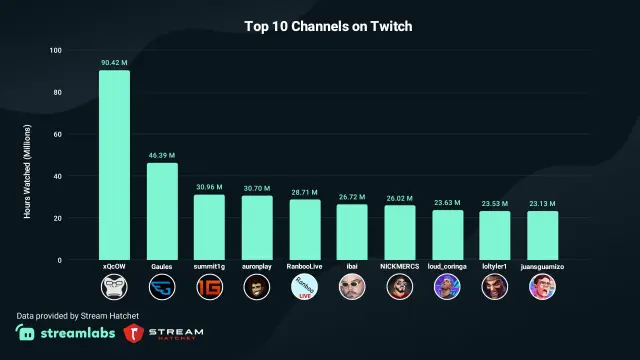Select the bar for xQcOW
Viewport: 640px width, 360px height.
114,165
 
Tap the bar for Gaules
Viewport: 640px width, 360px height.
162,211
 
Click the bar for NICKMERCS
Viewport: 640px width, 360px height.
399,232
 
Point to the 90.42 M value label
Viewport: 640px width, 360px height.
114,62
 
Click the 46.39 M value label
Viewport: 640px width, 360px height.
162,155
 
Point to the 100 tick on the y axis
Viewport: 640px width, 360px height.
55,50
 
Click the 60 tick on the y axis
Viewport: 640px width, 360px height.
57,134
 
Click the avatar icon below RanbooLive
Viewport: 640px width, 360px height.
304,288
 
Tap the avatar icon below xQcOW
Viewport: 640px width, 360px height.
114,288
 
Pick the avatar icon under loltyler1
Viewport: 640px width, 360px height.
494,288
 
